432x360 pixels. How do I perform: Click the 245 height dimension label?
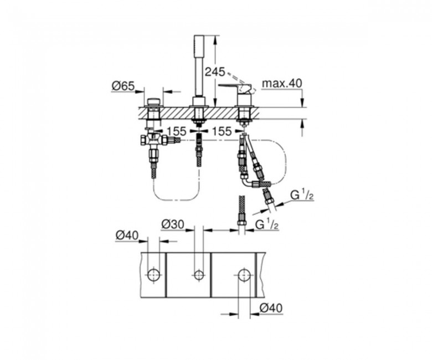tap(215, 72)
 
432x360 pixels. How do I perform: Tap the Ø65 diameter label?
tap(123, 86)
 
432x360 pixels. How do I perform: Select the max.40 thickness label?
tap(282, 83)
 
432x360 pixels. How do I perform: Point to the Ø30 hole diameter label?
tap(172, 225)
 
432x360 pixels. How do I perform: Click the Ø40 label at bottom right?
tap(271, 308)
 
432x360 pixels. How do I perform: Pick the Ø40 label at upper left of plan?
tap(127, 236)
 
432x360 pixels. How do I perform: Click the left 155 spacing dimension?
tap(176, 131)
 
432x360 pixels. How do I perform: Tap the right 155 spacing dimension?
tap(222, 131)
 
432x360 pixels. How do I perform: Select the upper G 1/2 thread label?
tap(302, 196)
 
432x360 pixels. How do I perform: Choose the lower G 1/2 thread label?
tap(267, 224)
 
